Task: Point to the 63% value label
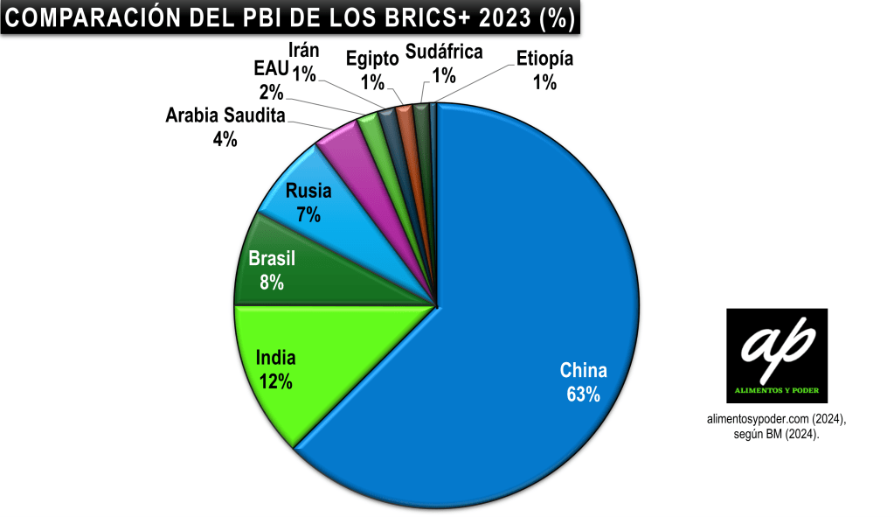(583, 394)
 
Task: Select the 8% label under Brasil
(272, 282)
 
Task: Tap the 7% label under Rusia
(308, 213)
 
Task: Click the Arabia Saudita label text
(225, 115)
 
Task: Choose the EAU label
(271, 69)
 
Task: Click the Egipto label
(372, 59)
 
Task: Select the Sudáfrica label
(444, 52)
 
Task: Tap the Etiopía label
(544, 59)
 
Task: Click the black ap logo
(776, 354)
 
